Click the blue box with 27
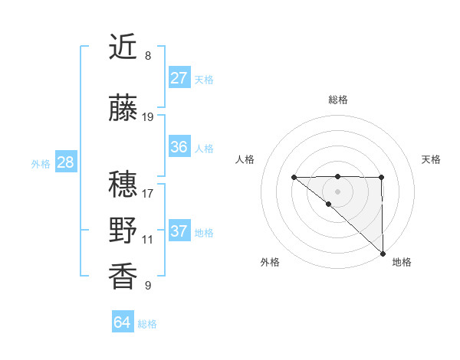tap(179, 78)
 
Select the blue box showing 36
tap(179, 147)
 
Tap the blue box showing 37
tap(179, 231)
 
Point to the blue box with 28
tap(64, 162)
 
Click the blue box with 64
tap(122, 322)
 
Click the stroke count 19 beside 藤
tap(148, 117)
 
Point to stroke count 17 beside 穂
tap(148, 194)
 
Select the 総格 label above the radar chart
tap(338, 100)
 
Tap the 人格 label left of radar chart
tap(245, 159)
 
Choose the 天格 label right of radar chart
tap(431, 159)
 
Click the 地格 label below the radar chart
tap(402, 262)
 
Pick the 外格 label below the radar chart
tap(270, 262)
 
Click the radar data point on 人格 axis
tap(294, 177)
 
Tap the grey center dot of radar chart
tap(338, 191)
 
